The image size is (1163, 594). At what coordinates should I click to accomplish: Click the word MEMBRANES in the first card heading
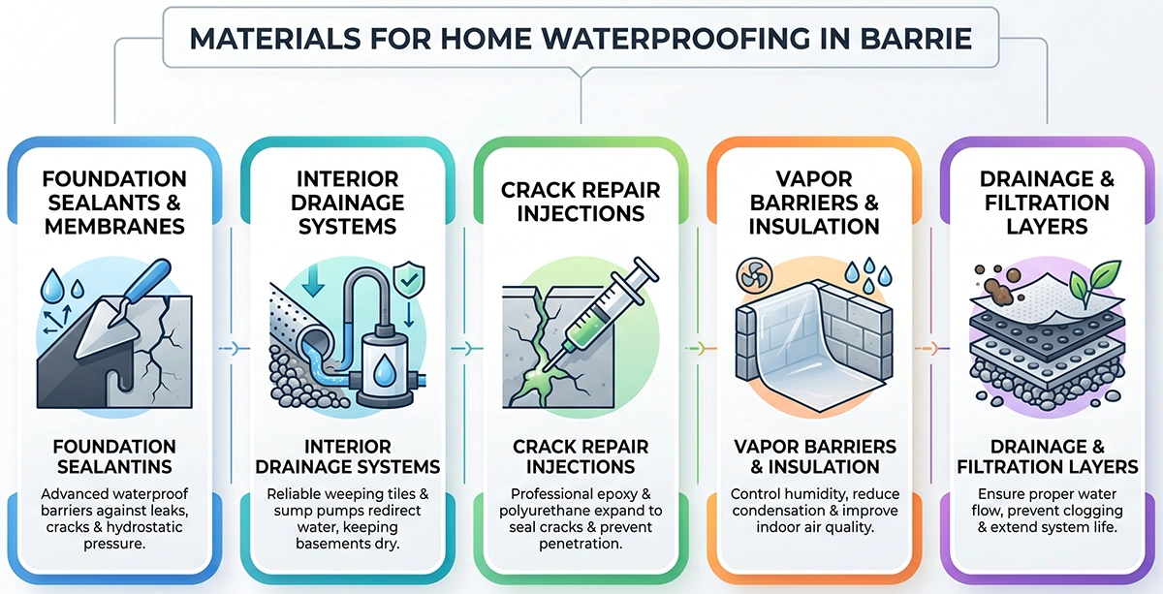[115, 226]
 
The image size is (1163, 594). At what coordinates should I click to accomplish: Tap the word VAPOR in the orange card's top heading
[813, 180]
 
